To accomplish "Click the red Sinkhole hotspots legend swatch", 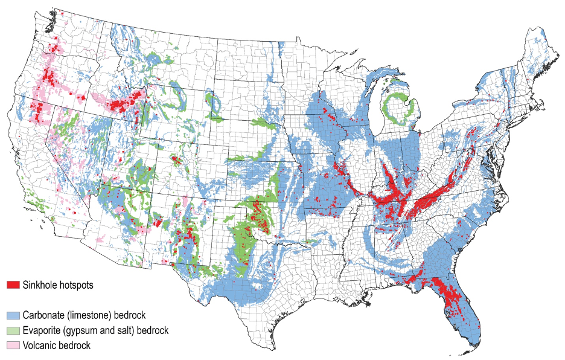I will click(x=13, y=284).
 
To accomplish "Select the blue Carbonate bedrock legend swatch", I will click(x=13, y=315).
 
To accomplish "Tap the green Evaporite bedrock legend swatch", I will click(x=13, y=330).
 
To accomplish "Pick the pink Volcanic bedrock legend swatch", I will click(x=13, y=346).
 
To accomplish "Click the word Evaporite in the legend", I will click(x=42, y=330).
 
